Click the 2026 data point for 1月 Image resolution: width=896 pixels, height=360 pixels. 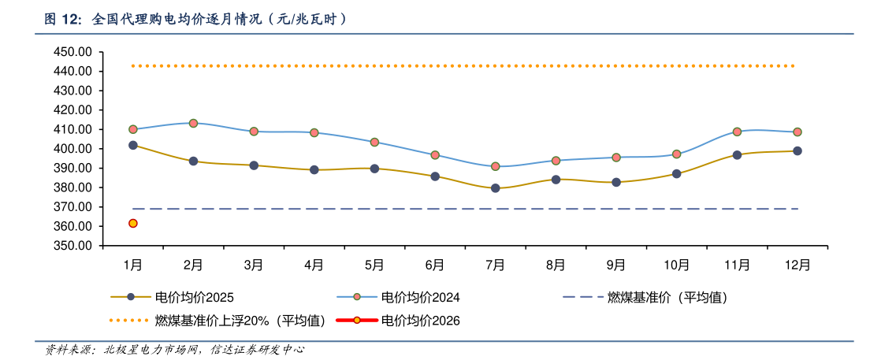coord(133,224)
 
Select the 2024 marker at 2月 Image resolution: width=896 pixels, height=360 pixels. coord(193,123)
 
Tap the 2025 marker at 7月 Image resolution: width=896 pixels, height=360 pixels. coord(495,188)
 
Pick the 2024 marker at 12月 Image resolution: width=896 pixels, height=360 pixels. coord(797,132)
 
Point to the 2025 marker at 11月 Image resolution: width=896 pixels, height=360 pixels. coord(737,155)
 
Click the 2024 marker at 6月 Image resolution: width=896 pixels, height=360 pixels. coord(435,155)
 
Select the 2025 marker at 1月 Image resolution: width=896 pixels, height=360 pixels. coord(133,146)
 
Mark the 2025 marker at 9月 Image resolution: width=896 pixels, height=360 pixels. coord(616,182)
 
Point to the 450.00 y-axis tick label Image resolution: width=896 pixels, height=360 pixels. coord(73,52)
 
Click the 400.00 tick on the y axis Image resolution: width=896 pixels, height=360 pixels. coord(73,149)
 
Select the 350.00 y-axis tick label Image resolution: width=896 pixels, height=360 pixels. coord(73,246)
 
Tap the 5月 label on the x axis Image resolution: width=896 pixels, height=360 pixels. coord(374,265)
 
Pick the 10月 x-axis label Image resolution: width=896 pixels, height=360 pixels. coord(676,265)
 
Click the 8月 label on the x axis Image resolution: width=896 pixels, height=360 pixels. coord(556,265)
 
